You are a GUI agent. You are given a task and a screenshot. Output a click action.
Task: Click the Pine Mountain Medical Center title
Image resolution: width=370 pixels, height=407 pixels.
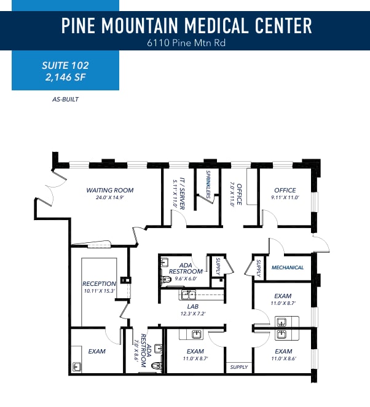186,25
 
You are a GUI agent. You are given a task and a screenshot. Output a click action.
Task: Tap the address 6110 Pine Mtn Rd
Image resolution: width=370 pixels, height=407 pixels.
186,43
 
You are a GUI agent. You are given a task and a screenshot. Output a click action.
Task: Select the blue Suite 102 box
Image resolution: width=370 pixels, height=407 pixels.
65,71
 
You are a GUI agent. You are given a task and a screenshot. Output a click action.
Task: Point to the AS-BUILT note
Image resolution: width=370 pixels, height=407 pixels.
66,98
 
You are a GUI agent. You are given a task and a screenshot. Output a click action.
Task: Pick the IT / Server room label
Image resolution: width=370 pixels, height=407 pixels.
179,193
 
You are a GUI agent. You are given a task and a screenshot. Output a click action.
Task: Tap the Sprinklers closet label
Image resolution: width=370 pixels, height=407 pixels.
209,183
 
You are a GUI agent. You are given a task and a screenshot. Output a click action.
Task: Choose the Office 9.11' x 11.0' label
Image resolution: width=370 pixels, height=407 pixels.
284,194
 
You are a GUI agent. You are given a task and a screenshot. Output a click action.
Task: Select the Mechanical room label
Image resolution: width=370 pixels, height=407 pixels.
288,267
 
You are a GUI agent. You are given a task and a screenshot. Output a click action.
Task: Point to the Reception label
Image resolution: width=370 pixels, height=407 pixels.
99,286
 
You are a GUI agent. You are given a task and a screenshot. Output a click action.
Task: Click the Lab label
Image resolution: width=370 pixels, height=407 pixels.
192,309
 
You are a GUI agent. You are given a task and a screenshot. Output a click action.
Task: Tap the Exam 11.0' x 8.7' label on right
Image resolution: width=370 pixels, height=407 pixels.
283,299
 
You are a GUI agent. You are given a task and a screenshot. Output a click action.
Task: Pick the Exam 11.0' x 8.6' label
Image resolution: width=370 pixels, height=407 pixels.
283,355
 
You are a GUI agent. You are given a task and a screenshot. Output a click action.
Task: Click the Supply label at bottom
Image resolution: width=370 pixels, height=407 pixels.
239,367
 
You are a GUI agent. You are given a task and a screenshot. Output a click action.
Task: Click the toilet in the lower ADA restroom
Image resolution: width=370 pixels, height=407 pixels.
155,365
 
